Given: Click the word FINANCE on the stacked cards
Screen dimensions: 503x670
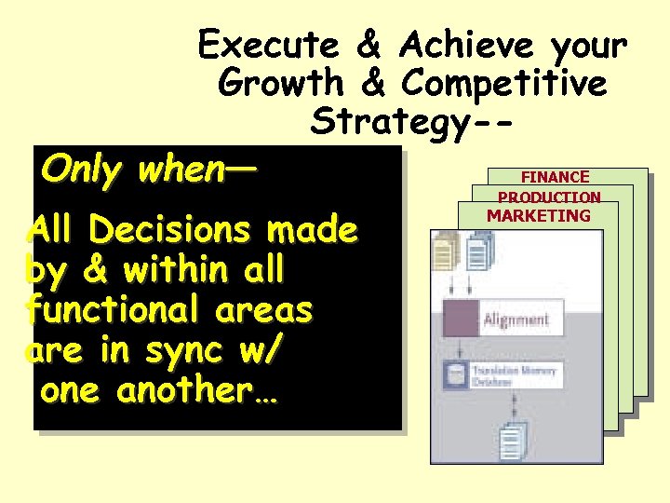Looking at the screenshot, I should coord(555,177).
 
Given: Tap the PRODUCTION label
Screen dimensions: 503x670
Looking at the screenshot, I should coord(549,197).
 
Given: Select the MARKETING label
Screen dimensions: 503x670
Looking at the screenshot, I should coord(539,216).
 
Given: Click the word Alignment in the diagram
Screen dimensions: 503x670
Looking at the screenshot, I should coord(516,320).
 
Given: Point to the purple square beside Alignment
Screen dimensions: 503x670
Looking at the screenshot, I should coord(461,318).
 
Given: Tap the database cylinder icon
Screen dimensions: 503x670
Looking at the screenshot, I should coord(456,375).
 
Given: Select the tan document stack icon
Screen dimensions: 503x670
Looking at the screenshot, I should coord(447,251).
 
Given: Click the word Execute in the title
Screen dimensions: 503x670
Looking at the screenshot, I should coord(268,44).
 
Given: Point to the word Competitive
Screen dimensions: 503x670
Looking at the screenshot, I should coord(504,83).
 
